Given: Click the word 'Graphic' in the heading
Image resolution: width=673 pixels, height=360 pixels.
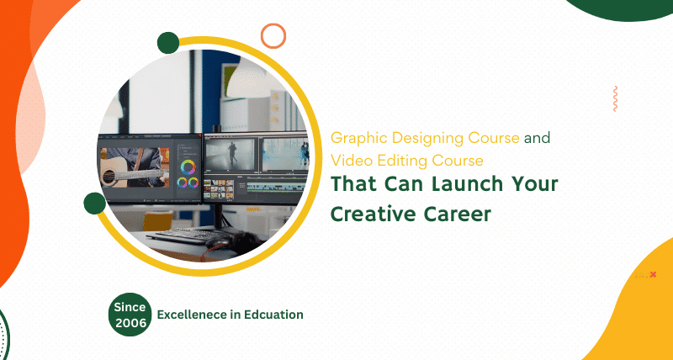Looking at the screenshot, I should tap(355, 138).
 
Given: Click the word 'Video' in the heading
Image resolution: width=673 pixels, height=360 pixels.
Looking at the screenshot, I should tap(349, 160).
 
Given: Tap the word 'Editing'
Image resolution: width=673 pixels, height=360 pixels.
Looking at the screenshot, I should tap(395, 160).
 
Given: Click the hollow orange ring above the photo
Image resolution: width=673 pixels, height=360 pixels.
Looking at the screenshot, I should tap(273, 35).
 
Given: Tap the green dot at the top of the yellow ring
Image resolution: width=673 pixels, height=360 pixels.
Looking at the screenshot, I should tap(168, 43).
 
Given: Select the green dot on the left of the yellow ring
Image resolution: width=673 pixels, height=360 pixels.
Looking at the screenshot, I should tap(94, 203).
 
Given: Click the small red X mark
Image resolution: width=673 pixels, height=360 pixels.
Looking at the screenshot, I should tap(653, 274).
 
